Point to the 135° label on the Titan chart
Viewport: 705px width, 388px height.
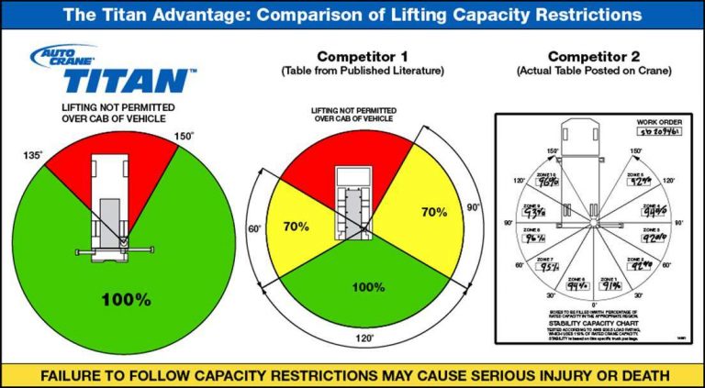(x=31, y=156)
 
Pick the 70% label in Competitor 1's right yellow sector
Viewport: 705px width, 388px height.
(x=433, y=213)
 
